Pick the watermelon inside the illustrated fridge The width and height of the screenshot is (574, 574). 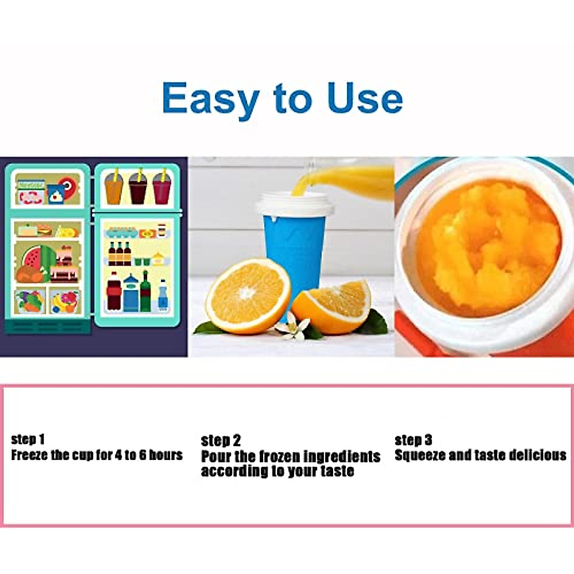coord(33,258)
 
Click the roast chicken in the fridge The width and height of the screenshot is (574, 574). coord(29,274)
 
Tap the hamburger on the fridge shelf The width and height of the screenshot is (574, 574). coord(44,231)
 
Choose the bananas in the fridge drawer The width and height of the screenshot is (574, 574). coord(61,302)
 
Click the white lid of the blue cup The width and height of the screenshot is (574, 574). coord(294,205)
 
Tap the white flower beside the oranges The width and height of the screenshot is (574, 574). coord(290,329)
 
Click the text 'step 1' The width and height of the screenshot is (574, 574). coord(28,439)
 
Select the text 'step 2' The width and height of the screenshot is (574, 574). coord(221,441)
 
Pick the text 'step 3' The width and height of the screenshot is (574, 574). coord(413,440)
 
